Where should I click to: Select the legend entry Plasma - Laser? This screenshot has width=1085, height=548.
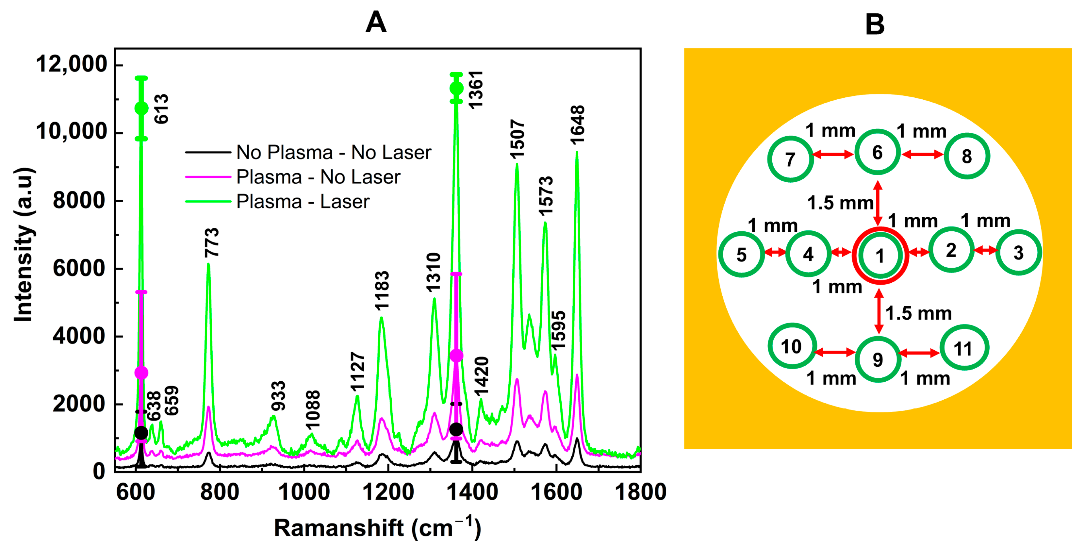pyautogui.click(x=303, y=201)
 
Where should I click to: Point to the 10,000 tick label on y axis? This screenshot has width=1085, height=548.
pyautogui.click(x=72, y=131)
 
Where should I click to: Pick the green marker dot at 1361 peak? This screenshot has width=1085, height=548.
pyautogui.click(x=456, y=89)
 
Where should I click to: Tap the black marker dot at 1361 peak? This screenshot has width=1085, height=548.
pyautogui.click(x=456, y=429)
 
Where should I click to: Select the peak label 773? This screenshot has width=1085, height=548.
pyautogui.click(x=212, y=242)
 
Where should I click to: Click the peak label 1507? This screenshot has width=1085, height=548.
pyautogui.click(x=518, y=139)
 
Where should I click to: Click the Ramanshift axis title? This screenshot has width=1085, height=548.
pyautogui.click(x=377, y=527)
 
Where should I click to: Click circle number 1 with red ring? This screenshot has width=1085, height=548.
pyautogui.click(x=880, y=255)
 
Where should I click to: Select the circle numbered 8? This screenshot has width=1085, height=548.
pyautogui.click(x=967, y=156)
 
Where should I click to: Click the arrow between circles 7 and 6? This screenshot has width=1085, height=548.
pyautogui.click(x=833, y=155)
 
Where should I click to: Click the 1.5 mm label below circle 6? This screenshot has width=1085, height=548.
pyautogui.click(x=840, y=203)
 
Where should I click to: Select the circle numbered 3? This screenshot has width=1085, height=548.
pyautogui.click(x=1018, y=253)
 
